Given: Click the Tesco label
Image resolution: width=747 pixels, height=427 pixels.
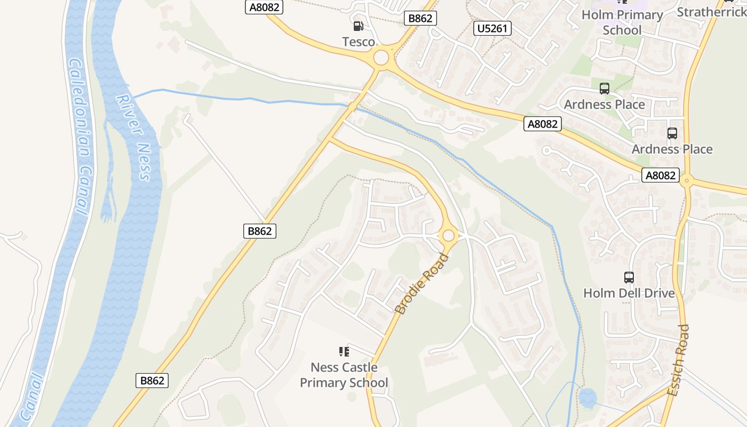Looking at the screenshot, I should [359, 42].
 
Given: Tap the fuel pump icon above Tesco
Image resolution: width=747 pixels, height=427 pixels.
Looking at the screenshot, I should [359, 26].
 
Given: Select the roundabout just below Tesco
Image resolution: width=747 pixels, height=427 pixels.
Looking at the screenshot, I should [381, 57].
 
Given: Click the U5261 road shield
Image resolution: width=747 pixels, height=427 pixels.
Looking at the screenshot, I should [492, 28].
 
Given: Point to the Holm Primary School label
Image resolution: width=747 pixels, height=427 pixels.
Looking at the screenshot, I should [622, 22].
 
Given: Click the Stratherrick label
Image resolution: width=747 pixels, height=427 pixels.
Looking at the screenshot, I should [711, 12].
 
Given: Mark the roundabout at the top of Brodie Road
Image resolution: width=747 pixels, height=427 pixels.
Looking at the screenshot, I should [448, 235].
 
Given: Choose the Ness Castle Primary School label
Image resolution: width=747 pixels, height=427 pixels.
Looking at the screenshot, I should [344, 375].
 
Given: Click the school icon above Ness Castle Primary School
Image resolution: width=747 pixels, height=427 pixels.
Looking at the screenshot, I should [344, 351].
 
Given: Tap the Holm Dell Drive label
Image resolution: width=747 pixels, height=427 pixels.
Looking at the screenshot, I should [629, 293].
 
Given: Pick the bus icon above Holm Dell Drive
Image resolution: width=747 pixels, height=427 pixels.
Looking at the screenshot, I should [629, 278].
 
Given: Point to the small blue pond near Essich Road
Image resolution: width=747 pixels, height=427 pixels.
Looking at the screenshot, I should [587, 398].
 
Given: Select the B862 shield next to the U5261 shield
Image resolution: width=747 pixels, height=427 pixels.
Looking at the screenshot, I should [420, 18].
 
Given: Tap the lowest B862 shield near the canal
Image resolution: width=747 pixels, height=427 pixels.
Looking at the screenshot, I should [153, 381].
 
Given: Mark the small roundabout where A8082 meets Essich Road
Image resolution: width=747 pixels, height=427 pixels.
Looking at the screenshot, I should [687, 181].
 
